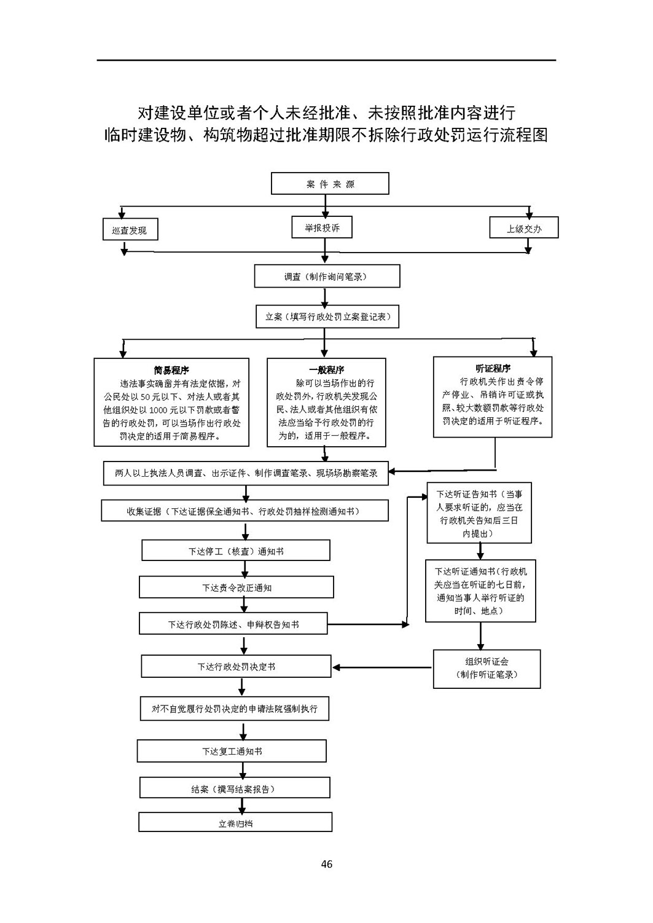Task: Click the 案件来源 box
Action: coord(330,183)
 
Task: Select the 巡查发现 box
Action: coord(130,229)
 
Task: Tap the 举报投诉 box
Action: coord(322,227)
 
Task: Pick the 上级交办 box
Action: coord(523,227)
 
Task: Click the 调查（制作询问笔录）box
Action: coord(327,276)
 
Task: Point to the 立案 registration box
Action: coord(327,316)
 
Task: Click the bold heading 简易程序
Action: coord(171,370)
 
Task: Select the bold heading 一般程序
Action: coord(326,369)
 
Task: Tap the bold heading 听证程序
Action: coord(493,368)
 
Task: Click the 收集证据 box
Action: coord(244,511)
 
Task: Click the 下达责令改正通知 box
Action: coord(236,587)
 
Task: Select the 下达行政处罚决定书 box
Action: coord(236,666)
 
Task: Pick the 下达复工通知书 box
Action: coord(232,751)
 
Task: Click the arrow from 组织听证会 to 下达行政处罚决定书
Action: coord(382,667)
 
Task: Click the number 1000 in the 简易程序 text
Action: coord(158,410)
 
